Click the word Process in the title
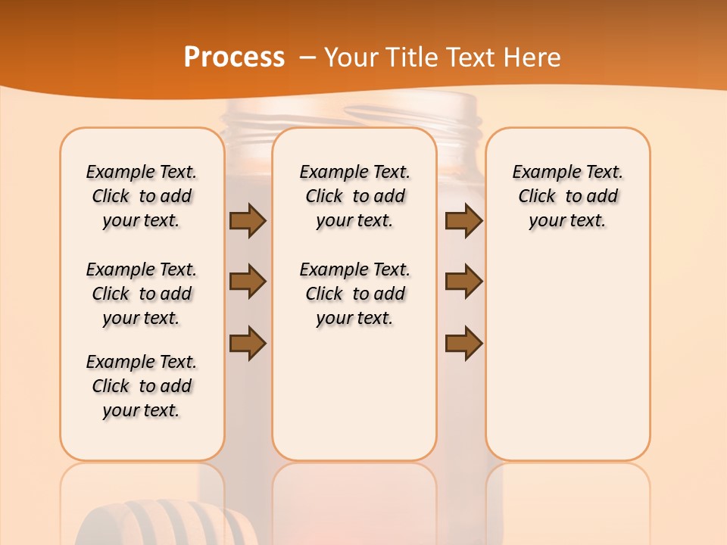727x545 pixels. click(x=234, y=58)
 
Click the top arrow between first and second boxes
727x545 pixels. click(x=248, y=221)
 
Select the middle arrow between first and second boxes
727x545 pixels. click(x=248, y=282)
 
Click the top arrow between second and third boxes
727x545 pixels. click(x=463, y=221)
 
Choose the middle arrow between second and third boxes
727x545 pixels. click(x=463, y=282)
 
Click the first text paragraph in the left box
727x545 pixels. click(x=142, y=196)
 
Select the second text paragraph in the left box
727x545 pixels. click(x=142, y=294)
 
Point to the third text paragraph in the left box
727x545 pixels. click(x=142, y=386)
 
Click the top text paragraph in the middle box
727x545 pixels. click(x=354, y=196)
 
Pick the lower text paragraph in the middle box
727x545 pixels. click(x=354, y=294)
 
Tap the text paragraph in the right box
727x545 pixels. click(x=567, y=196)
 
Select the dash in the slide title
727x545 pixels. click(x=307, y=58)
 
